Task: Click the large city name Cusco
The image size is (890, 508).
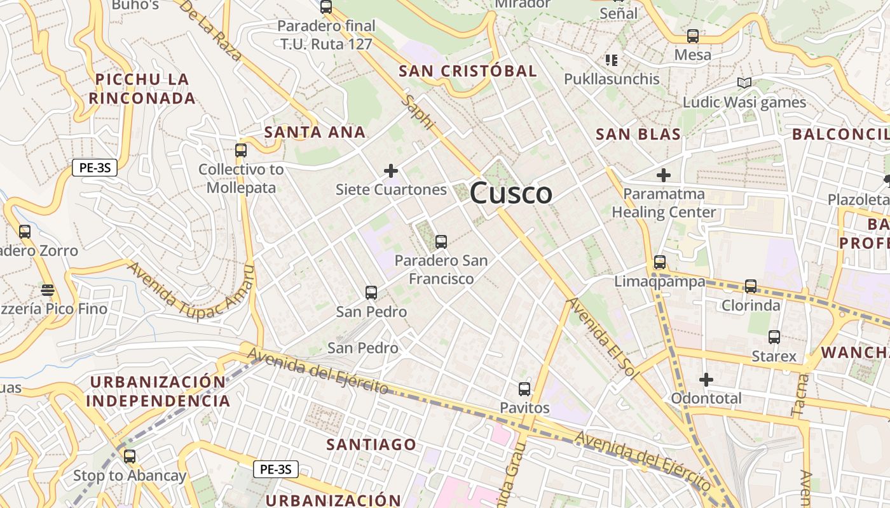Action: (x=511, y=193)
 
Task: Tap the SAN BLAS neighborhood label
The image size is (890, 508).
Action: (x=638, y=134)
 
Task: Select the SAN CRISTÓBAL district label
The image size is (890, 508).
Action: (x=467, y=71)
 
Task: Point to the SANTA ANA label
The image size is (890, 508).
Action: (x=315, y=132)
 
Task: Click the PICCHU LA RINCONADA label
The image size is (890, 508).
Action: (x=142, y=89)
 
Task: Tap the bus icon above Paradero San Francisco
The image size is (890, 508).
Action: (x=441, y=242)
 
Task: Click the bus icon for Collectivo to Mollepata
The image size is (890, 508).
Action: (x=240, y=150)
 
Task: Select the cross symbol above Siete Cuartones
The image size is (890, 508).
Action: (x=391, y=171)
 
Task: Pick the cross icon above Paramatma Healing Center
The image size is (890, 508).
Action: (x=664, y=175)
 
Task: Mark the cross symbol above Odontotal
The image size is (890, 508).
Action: (x=706, y=380)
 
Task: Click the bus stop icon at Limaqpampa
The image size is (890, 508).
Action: (x=659, y=262)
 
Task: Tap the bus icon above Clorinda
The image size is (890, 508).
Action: (x=750, y=286)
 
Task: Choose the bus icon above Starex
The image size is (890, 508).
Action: (x=774, y=337)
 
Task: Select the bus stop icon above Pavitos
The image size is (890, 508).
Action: (x=524, y=389)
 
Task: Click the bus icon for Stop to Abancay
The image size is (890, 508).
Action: (x=130, y=457)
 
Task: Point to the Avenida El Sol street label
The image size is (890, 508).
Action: (x=602, y=339)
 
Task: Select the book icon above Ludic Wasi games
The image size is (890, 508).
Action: (x=744, y=83)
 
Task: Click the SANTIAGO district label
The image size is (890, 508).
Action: (x=371, y=444)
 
